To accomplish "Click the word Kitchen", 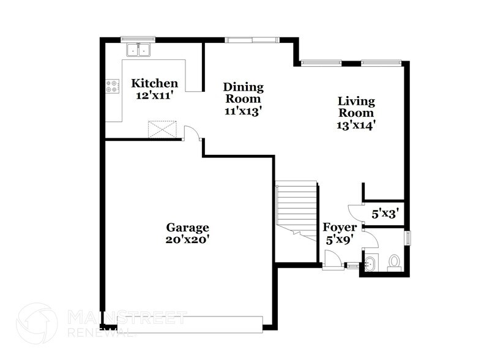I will [x=155, y=83].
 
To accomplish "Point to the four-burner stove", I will [x=113, y=86].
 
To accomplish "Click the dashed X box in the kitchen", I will [x=162, y=129].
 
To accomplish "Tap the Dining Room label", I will [x=243, y=92].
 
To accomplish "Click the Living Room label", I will [x=356, y=107].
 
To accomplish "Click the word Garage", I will [x=187, y=227].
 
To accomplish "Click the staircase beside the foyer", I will [x=297, y=208].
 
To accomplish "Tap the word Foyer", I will [x=340, y=228].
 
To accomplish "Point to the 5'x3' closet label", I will [x=385, y=214].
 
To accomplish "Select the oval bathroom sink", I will [x=370, y=265].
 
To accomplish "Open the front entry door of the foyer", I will [x=332, y=260].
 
